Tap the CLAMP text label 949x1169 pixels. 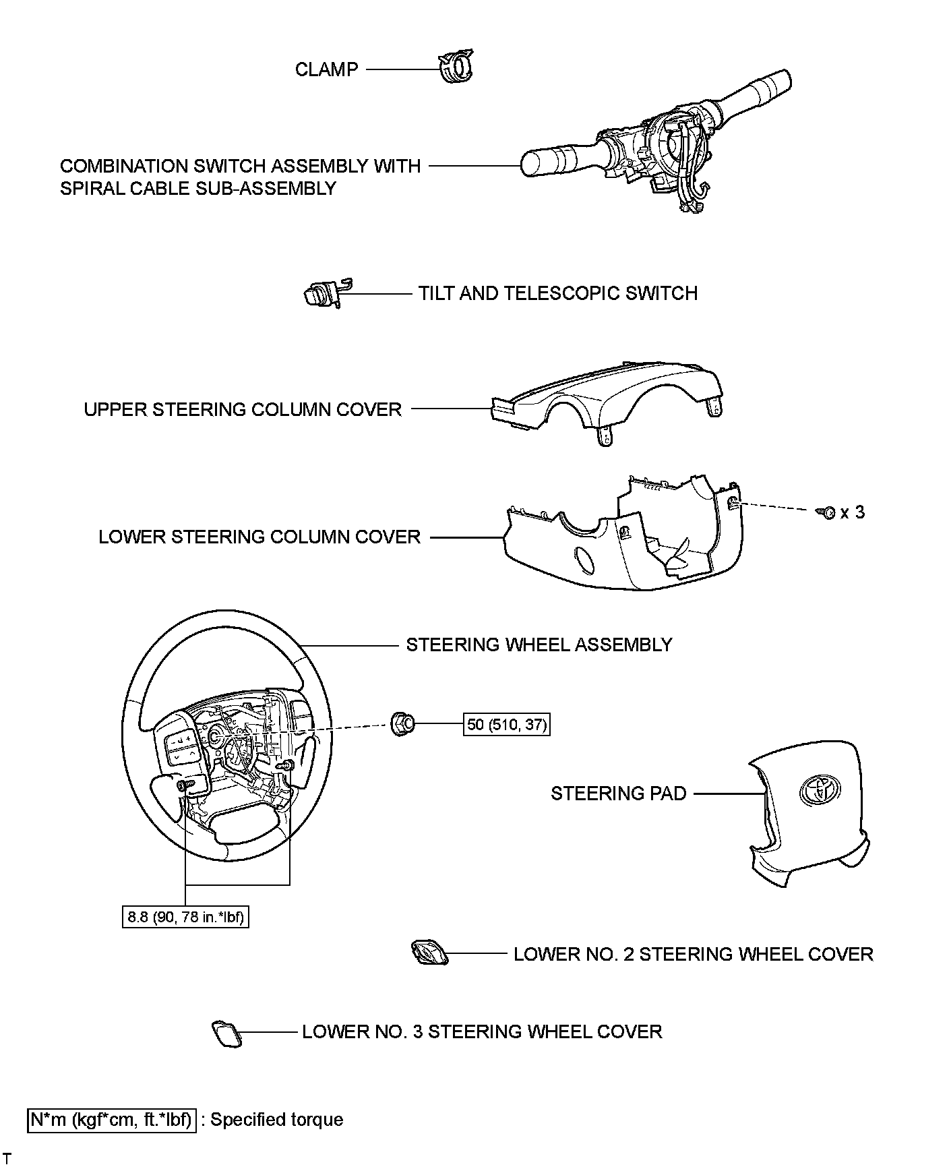click(x=326, y=69)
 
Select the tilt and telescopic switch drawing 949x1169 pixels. click(x=322, y=293)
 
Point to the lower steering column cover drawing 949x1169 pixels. click(x=620, y=539)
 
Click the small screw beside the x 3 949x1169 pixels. click(x=827, y=512)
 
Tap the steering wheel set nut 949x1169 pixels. click(x=403, y=723)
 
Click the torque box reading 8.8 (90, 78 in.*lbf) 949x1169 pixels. click(x=185, y=917)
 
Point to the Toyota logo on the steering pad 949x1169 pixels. click(x=818, y=787)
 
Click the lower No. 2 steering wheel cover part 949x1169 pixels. click(x=425, y=954)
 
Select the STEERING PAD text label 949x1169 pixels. click(x=618, y=793)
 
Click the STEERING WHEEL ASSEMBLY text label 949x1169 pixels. click(x=539, y=645)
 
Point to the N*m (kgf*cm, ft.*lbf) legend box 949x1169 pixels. click(x=112, y=1120)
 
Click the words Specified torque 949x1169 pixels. click(x=277, y=1120)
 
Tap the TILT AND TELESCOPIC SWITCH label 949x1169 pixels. click(x=557, y=293)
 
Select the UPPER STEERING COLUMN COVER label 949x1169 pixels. click(x=243, y=409)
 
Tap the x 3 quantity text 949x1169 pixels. click(x=853, y=512)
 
